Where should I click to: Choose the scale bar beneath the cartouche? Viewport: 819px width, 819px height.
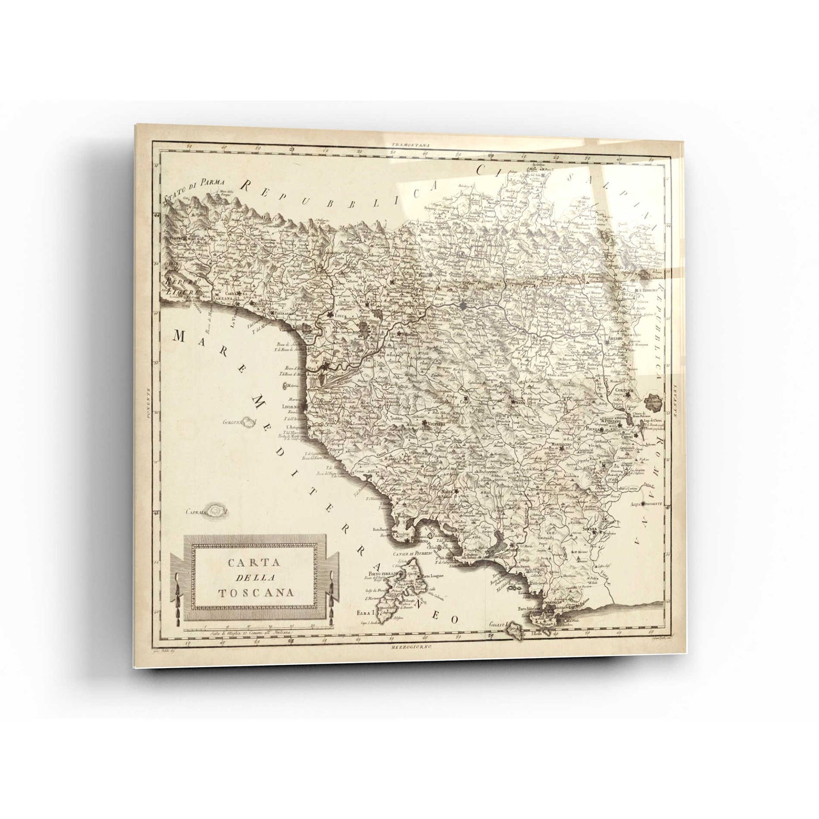[255, 631]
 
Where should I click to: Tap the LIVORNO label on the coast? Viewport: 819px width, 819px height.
[293, 406]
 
